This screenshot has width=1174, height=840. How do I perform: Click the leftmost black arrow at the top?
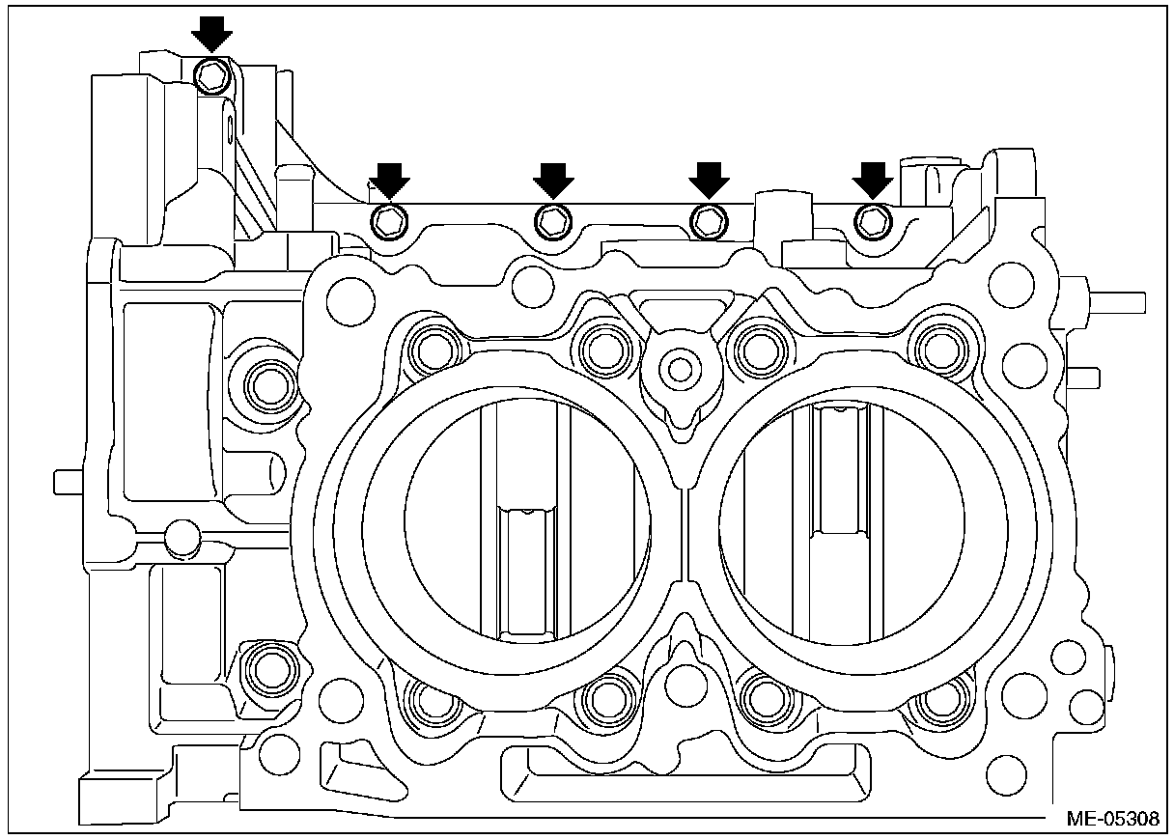[x=211, y=38]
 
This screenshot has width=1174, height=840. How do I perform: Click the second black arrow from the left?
[x=389, y=180]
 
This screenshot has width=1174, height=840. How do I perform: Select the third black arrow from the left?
[x=553, y=180]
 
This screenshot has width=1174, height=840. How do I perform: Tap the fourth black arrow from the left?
[x=710, y=180]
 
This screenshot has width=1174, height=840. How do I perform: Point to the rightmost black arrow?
[x=873, y=180]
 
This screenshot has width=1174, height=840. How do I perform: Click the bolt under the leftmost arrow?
[x=212, y=75]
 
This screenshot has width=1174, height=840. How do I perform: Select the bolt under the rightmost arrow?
[x=873, y=221]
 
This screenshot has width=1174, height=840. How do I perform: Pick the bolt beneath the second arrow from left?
[x=389, y=221]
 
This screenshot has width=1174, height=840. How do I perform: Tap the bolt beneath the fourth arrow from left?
[x=710, y=221]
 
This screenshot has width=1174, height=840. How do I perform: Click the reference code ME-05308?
[x=1112, y=819]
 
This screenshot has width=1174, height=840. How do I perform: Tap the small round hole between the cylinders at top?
[x=680, y=367]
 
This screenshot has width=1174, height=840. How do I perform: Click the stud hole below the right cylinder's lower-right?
[x=937, y=704]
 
